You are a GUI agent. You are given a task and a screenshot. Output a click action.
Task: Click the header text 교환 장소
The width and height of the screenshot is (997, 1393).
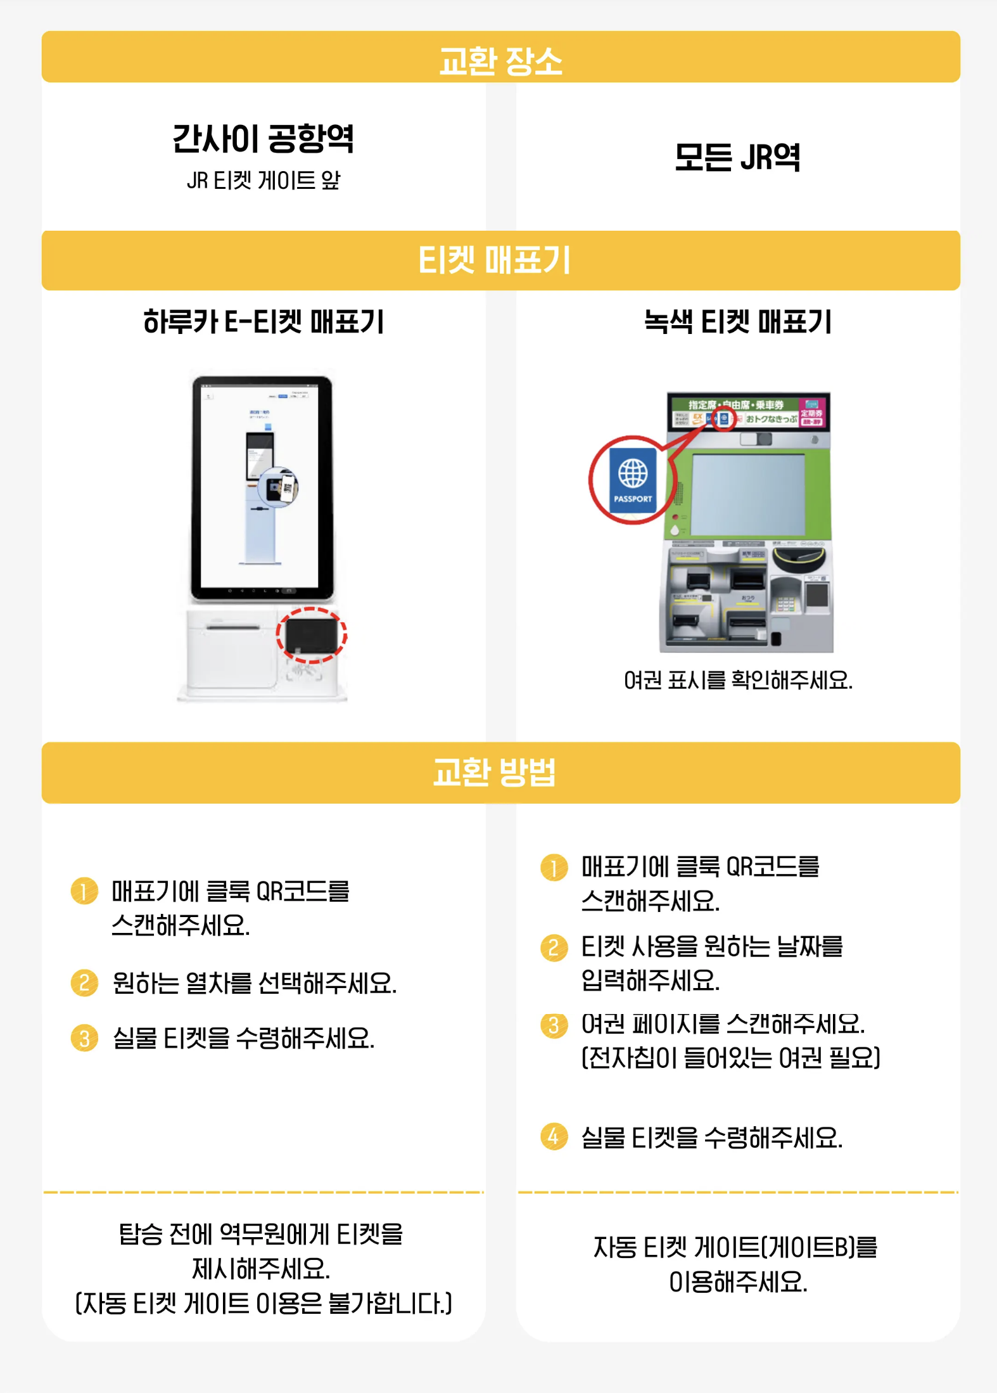pos(500,61)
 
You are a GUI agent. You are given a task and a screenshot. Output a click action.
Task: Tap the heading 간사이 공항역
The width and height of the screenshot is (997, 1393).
pos(263,139)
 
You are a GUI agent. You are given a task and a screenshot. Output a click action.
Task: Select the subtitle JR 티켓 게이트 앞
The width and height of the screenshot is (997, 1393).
pos(263,181)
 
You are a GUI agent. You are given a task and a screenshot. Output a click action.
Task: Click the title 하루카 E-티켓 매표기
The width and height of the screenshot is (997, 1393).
pos(263,322)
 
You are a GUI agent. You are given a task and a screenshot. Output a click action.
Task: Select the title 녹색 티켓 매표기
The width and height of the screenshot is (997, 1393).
pos(737,322)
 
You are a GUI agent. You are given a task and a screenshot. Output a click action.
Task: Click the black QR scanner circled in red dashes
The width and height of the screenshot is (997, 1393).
pos(311,635)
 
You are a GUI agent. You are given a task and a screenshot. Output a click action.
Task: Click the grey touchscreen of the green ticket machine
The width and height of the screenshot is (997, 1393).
pos(747,494)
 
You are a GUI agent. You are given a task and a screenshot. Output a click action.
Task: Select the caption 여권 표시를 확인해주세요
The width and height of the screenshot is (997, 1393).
pos(737,681)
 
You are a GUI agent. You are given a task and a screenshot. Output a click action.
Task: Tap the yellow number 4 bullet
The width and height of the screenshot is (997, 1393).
pos(554,1136)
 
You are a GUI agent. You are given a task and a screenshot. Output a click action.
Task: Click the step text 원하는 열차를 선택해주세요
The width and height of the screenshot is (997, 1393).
pos(254,984)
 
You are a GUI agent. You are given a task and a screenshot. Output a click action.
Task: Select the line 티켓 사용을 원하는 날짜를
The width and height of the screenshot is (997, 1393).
pos(712,947)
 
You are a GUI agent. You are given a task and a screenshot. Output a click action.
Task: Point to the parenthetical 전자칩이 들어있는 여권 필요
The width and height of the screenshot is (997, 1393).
pos(730,1058)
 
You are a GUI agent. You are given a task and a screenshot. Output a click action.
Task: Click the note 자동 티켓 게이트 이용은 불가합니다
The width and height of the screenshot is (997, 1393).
pos(263,1304)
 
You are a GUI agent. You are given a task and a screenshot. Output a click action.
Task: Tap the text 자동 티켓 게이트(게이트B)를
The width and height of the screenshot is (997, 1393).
pos(735,1247)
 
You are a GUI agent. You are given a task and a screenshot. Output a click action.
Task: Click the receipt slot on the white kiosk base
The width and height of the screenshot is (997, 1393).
pos(232,627)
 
